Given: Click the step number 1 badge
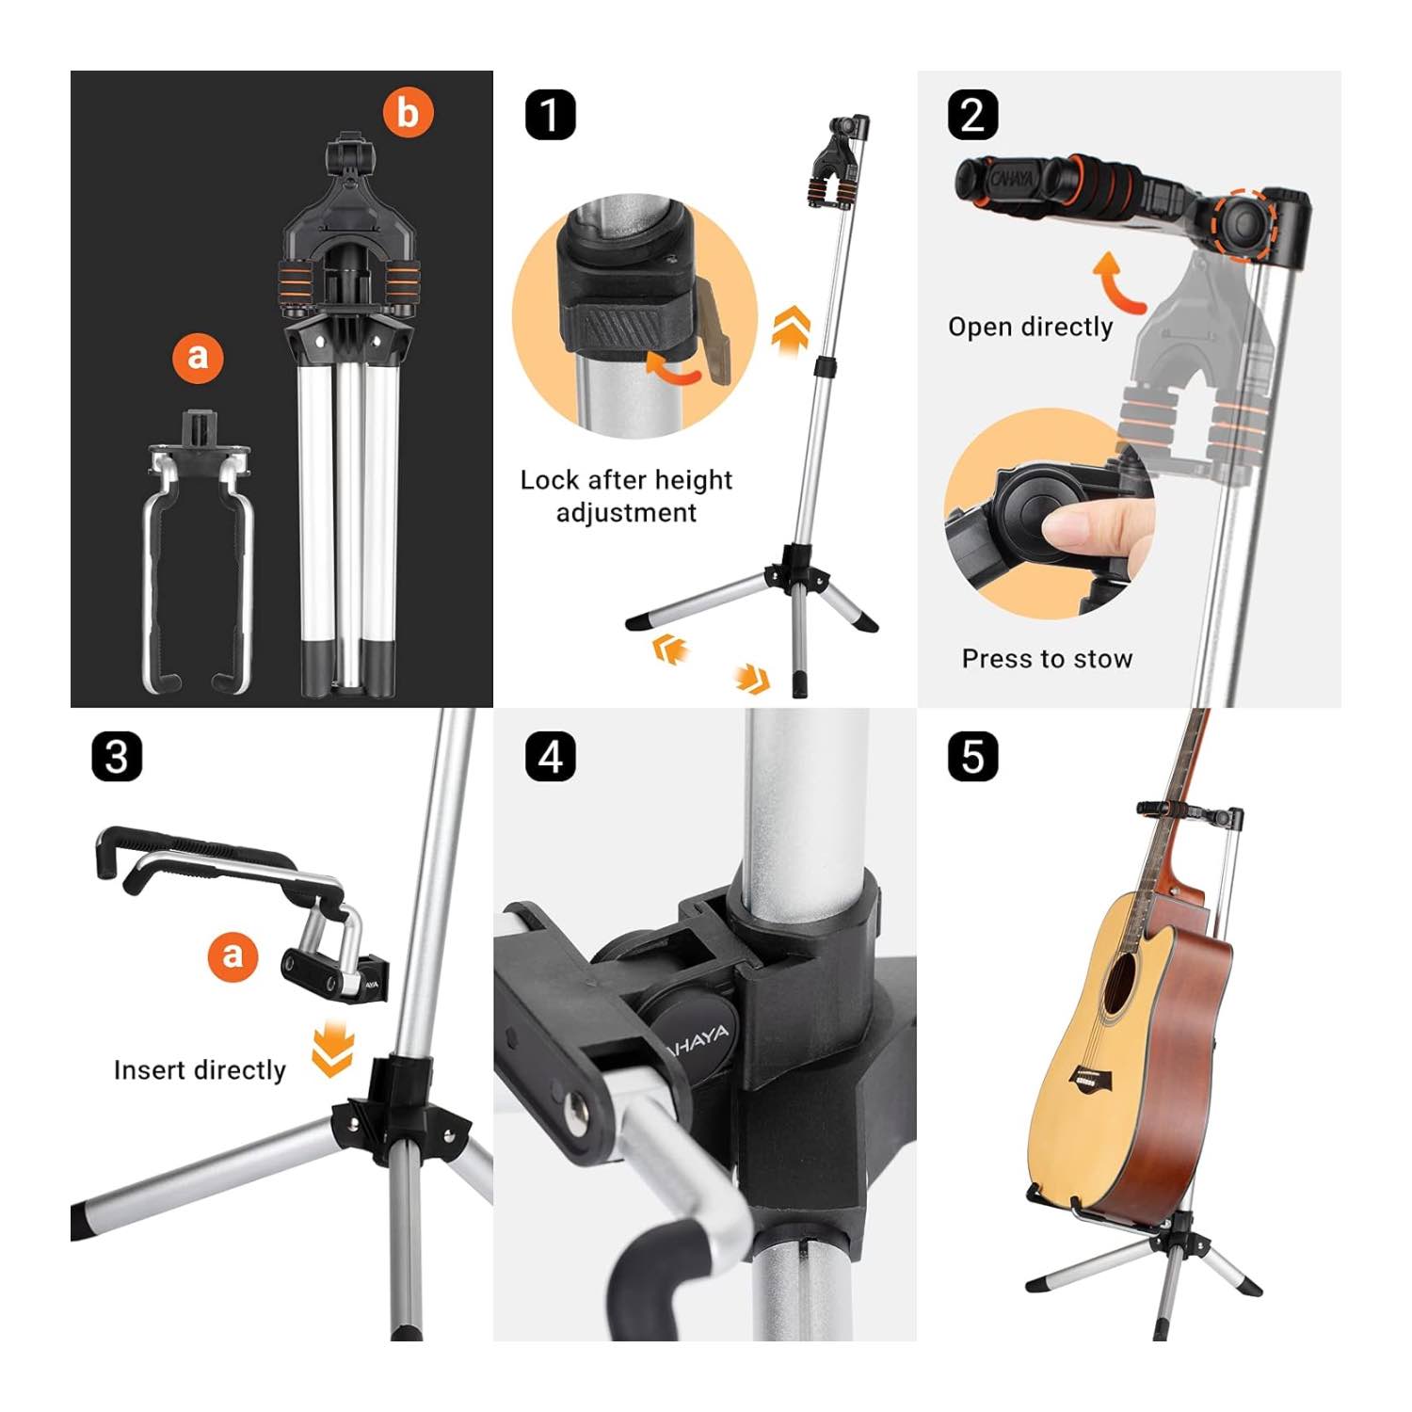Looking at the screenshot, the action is point(550,115).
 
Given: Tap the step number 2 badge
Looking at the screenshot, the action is point(972,115).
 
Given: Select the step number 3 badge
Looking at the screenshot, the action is point(117,757).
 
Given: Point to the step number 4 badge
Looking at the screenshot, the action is point(550,757).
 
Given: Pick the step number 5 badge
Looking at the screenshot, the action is point(972,757).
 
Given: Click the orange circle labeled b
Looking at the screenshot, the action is point(408,112).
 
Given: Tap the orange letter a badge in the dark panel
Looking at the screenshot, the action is point(198,356).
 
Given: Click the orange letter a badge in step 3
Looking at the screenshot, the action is point(233,955).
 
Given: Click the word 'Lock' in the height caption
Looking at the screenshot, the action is point(549,480).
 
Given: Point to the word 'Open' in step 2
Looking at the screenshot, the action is point(978,328).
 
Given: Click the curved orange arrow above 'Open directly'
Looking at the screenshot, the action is point(1117,282).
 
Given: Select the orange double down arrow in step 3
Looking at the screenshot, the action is point(332,1050).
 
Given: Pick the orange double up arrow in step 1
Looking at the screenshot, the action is point(791,328).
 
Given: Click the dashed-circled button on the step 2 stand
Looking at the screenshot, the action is point(1244,223).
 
